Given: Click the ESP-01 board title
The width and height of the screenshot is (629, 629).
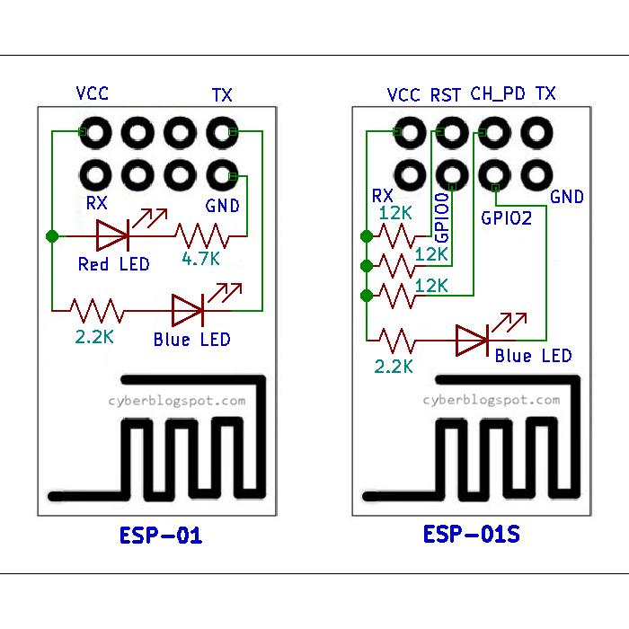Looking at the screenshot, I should [161, 536].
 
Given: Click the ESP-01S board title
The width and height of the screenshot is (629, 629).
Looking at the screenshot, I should [471, 536].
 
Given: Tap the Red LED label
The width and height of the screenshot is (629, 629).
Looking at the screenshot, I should [114, 264].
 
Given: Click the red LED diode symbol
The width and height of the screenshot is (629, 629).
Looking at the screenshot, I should [114, 236].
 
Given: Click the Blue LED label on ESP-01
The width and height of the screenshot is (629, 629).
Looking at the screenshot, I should [191, 340].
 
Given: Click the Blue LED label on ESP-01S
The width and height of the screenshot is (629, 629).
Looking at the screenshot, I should [533, 356].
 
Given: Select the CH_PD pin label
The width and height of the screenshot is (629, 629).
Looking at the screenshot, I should [498, 94].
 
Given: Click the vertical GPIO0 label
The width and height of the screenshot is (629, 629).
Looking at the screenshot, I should [442, 217].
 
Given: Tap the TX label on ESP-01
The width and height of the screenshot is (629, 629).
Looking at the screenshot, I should [222, 94].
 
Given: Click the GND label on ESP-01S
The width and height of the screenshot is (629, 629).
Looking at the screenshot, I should [566, 197].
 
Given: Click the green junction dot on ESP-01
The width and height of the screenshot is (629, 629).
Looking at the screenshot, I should [52, 236].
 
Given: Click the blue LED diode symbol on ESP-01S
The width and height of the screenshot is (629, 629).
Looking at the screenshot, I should [473, 340].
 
